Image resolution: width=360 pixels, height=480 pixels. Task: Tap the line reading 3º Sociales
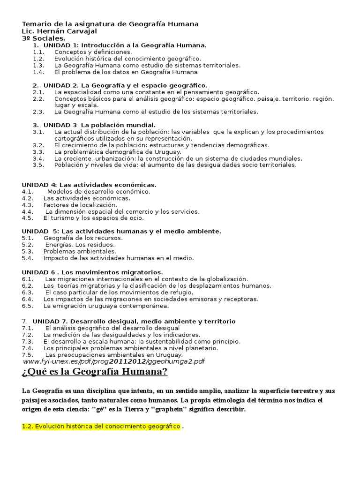(44, 38)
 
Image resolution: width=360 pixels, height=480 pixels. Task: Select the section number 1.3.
(38, 66)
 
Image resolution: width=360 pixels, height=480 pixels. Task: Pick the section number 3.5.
(38, 165)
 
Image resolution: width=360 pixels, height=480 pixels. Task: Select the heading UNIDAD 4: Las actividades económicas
(89, 185)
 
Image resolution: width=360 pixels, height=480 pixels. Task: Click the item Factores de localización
(80, 205)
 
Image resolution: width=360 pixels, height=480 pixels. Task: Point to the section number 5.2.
(28, 245)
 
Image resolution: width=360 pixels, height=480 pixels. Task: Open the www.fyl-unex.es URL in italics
(113, 361)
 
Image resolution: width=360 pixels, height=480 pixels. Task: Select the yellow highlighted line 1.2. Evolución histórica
(101, 426)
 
